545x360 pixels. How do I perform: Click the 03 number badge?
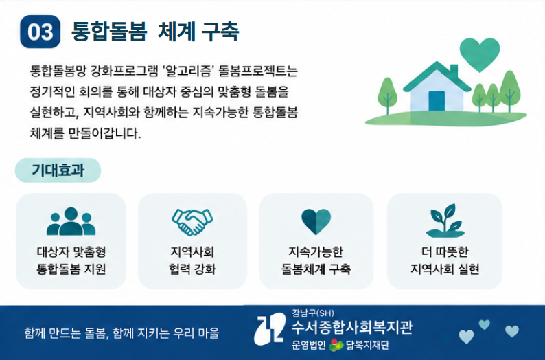point(40,32)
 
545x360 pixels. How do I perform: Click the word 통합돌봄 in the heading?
point(109,32)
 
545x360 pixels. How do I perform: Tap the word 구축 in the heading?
point(220,32)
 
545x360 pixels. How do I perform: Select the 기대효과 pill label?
point(58,170)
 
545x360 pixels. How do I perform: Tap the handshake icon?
point(192,222)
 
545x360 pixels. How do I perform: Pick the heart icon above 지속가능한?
point(316,222)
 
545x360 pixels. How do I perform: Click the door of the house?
point(437,101)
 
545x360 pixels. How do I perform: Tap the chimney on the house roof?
point(454,71)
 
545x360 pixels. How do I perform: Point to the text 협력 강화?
point(192,269)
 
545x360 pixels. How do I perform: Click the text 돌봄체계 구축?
point(316,269)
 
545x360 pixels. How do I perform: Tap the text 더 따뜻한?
point(445,251)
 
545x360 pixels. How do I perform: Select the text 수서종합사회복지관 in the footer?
point(351,327)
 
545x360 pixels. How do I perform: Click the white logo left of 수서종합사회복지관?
point(270,328)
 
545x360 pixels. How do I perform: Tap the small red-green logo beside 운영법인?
point(336,345)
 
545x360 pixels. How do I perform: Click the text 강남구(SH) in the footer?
point(313,313)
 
